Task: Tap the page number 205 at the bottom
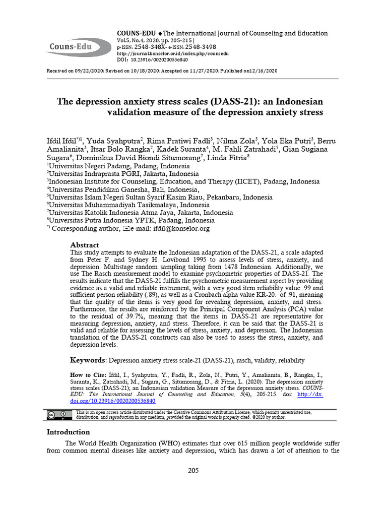[193, 471]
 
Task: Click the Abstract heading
[85, 244]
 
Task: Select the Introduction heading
[68, 432]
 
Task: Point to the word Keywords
[88, 360]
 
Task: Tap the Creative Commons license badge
[58, 415]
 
